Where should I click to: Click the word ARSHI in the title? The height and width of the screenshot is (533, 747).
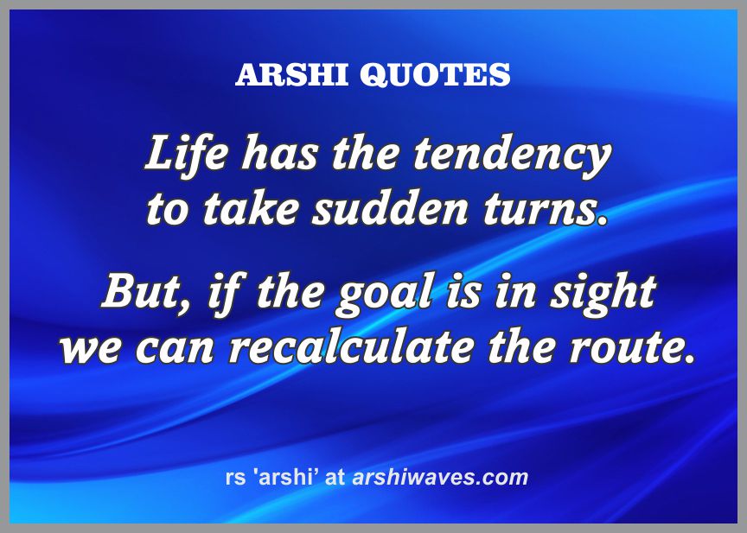point(291,74)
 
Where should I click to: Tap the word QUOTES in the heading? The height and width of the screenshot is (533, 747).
point(435,75)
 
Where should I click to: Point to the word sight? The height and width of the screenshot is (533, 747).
point(603,294)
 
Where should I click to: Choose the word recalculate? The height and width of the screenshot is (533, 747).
point(352,347)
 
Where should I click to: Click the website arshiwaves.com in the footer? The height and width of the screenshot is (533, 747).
point(440,478)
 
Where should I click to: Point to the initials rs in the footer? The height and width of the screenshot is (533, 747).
point(235,479)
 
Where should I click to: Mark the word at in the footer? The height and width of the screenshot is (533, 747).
point(335,478)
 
